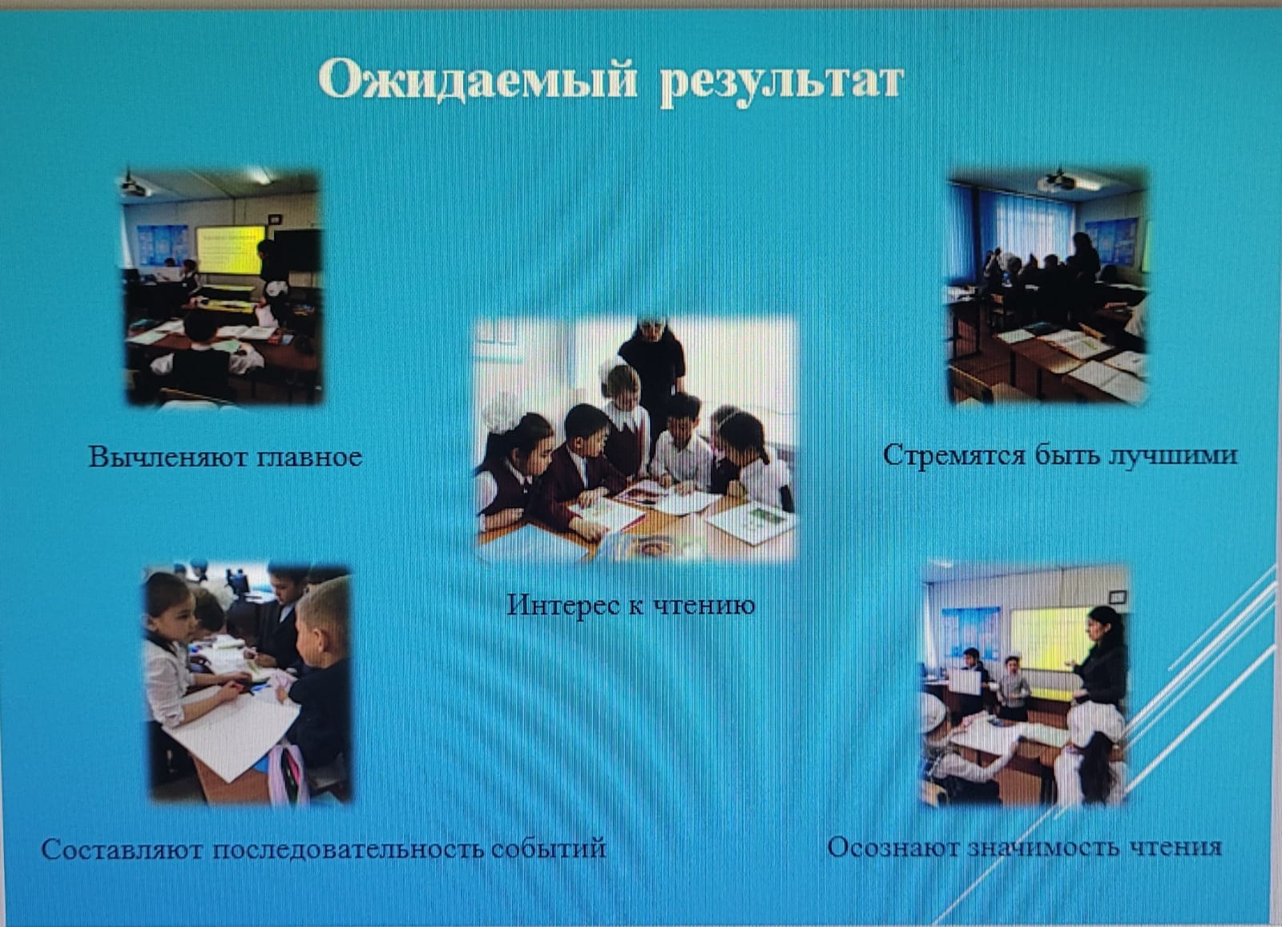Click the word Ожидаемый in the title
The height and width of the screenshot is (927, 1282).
[x=478, y=82]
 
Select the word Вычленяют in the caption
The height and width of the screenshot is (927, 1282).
[x=165, y=457]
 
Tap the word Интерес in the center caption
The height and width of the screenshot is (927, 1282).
[x=564, y=605]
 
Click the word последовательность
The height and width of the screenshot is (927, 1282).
[x=349, y=848]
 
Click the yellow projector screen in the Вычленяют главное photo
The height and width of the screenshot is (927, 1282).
[x=230, y=249]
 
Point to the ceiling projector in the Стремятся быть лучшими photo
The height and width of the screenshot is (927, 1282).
[x=1057, y=179]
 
